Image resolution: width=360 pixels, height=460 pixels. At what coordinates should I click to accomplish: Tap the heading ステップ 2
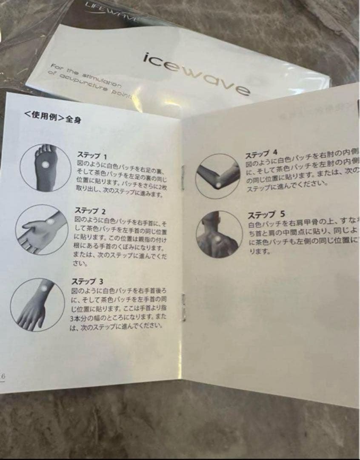pyautogui.click(x=90, y=210)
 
